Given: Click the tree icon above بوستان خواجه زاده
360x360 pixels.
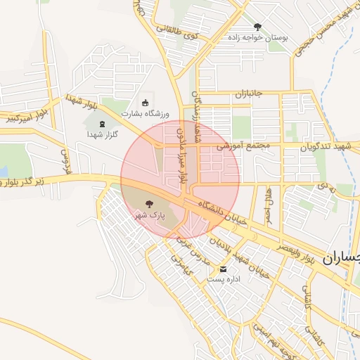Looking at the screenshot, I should [x=258, y=27].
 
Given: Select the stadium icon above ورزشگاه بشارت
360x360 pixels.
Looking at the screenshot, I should [x=146, y=103].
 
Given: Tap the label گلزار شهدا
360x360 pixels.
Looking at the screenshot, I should [x=103, y=134].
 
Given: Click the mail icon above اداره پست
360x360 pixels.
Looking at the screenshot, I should [x=224, y=269].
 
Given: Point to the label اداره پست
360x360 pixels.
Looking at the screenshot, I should [x=224, y=279].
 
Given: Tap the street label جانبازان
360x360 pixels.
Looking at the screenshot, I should [x=248, y=94].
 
